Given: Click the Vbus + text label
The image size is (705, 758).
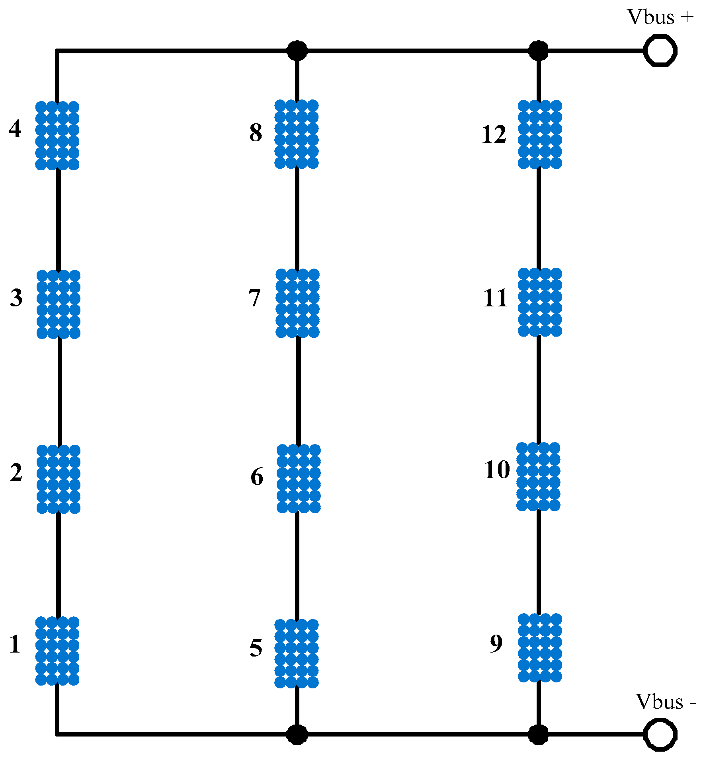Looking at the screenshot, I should (x=660, y=17).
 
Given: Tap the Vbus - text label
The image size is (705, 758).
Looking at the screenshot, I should (x=666, y=701).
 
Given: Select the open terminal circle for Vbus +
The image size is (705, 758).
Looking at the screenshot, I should (x=660, y=51).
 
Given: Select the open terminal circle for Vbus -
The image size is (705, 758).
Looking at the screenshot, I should (x=660, y=734).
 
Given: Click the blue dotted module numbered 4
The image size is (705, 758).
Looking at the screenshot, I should (x=57, y=135).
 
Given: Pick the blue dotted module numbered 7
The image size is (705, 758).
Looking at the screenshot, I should (x=297, y=303).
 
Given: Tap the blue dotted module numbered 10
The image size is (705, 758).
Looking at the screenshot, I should (x=538, y=476).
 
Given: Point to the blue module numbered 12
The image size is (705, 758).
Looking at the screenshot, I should (x=540, y=134).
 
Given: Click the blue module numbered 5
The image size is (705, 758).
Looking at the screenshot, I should (x=297, y=653).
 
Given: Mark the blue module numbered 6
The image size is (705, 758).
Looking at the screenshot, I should (x=299, y=478).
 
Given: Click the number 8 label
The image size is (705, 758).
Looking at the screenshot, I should (x=256, y=133).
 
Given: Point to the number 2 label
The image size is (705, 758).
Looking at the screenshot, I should (x=16, y=473).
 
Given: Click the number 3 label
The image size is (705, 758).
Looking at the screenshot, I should (x=16, y=298).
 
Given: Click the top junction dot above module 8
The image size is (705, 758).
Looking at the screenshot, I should (x=297, y=51).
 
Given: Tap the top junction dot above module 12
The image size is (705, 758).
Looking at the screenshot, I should (x=538, y=51).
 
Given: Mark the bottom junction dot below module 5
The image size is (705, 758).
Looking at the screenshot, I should (x=297, y=734).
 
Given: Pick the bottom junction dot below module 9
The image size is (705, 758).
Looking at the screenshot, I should (x=538, y=734).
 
